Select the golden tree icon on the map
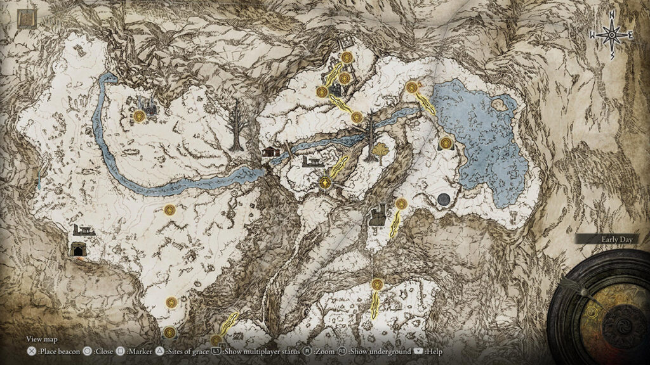point(380,152)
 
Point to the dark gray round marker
point(444,200)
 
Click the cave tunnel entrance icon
point(79,249)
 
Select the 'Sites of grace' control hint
point(183,351)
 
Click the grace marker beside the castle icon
point(140,117)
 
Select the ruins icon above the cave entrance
point(83,230)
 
